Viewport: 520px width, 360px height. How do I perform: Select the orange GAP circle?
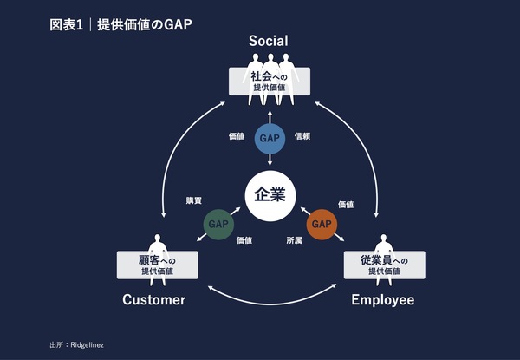pyautogui.click(x=322, y=225)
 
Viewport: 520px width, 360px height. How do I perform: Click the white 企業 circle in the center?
pyautogui.click(x=271, y=194)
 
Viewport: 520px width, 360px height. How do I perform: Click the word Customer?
pyautogui.click(x=153, y=300)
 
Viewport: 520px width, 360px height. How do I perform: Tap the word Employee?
pyautogui.click(x=382, y=300)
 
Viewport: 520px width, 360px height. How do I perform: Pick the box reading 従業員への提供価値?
pyautogui.click(x=384, y=265)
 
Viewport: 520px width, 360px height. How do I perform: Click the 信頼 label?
pyautogui.click(x=302, y=136)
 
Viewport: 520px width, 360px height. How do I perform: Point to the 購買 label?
pyautogui.click(x=193, y=200)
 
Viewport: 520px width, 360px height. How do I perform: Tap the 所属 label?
pyautogui.click(x=296, y=240)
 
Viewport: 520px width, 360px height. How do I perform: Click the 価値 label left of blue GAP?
pyautogui.click(x=237, y=136)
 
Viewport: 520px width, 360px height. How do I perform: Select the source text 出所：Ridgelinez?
pyautogui.click(x=77, y=345)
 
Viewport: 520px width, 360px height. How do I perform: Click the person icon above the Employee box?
pyautogui.click(x=384, y=243)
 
